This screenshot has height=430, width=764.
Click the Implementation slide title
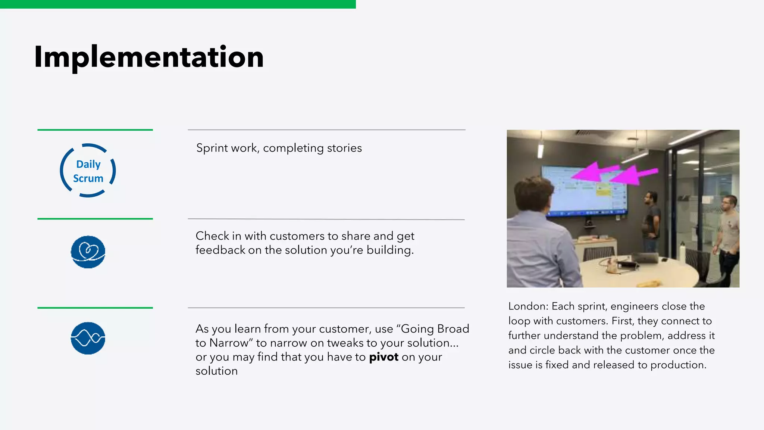point(148,57)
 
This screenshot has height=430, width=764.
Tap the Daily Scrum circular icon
point(88,171)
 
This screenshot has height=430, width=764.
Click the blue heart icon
point(88,252)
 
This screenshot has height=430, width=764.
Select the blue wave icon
point(88,338)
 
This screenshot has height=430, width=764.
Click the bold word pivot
point(383,357)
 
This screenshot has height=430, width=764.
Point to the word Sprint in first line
point(212,148)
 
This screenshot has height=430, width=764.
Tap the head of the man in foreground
point(532,194)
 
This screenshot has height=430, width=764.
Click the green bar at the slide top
point(178,4)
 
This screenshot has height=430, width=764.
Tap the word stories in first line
point(344,148)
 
